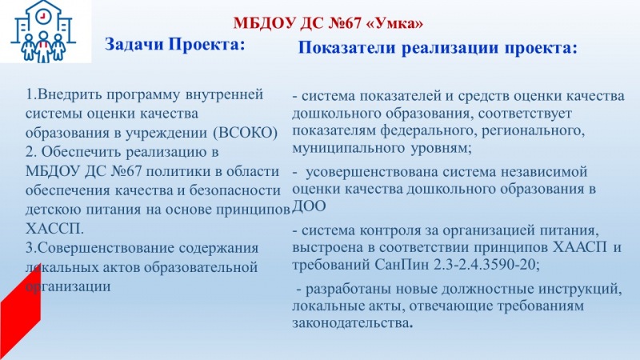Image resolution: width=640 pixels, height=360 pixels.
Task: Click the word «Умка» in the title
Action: [395, 23]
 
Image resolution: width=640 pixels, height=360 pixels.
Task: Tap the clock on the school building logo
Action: [42, 16]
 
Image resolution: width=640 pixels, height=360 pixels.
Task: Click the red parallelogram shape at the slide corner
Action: [20, 310]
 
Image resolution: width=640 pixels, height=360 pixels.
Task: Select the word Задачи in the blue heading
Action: [134, 44]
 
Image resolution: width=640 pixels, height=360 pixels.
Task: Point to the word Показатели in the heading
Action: [346, 47]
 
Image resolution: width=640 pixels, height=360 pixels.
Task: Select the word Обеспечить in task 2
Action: [82, 152]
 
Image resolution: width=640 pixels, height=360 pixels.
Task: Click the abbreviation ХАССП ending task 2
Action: [54, 229]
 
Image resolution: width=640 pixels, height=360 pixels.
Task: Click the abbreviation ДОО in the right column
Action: [309, 206]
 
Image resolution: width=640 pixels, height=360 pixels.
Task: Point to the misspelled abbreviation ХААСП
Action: [580, 247]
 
